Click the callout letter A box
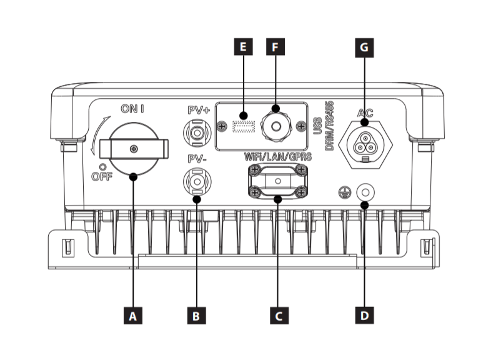click(133, 316)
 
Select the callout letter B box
click(197, 316)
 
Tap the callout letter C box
click(279, 316)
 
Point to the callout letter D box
click(364, 315)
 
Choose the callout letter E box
click(244, 47)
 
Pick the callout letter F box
click(275, 47)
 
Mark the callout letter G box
click(364, 47)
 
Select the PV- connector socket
click(197, 182)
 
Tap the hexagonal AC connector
click(365, 145)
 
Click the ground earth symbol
click(345, 192)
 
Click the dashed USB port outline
click(244, 126)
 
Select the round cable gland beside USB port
click(276, 126)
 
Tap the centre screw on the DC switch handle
click(134, 149)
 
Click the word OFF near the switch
click(102, 176)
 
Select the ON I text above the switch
click(132, 109)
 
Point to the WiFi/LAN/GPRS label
click(277, 157)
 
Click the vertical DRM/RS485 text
click(329, 126)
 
